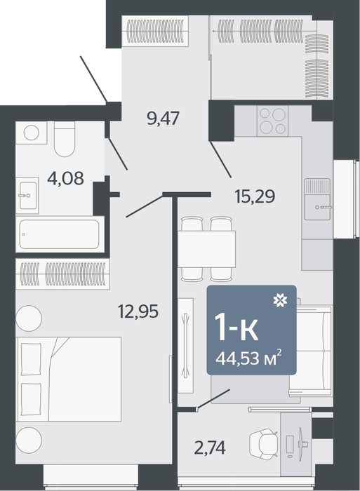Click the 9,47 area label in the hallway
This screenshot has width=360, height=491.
[x=163, y=118]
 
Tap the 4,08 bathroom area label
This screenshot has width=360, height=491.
[x=65, y=178]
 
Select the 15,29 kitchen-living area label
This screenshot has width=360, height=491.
[x=255, y=196]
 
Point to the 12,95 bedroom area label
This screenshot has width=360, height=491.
[x=138, y=311]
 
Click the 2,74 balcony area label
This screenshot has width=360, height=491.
[x=210, y=448]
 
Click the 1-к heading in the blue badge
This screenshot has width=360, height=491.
[x=236, y=328]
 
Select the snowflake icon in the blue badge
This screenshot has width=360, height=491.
[x=281, y=300]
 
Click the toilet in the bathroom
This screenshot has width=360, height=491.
[x=65, y=139]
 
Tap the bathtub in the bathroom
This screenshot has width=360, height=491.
[x=60, y=234]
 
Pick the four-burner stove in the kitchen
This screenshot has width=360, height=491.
[x=272, y=121]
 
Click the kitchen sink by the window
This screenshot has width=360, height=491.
[x=317, y=199]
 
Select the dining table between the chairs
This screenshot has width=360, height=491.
[x=206, y=249]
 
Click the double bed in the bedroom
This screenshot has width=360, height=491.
[x=69, y=379]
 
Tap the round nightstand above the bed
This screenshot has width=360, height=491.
[x=29, y=318]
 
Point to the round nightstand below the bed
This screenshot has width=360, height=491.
[x=29, y=440]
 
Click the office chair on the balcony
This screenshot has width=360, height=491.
[x=263, y=444]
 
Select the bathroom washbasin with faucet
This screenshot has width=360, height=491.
[x=27, y=196]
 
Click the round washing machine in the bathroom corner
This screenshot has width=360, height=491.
[x=32, y=133]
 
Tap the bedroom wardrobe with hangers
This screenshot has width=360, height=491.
[x=62, y=274]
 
